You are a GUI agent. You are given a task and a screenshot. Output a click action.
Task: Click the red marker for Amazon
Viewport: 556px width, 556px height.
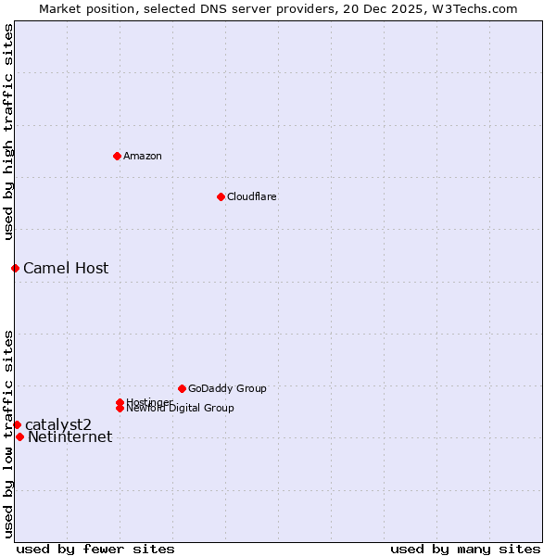pyautogui.click(x=117, y=156)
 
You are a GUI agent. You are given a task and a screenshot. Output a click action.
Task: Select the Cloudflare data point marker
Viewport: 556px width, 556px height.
pyautogui.click(x=221, y=196)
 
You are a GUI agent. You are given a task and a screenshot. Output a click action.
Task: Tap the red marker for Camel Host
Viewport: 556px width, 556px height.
pyautogui.click(x=15, y=268)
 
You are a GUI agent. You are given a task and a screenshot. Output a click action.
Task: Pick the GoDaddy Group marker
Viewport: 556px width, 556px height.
pyautogui.click(x=182, y=388)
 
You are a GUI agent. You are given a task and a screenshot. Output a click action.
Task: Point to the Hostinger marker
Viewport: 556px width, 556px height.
pyautogui.click(x=120, y=402)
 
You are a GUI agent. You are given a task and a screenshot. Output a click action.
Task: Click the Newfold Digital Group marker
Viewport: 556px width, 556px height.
pyautogui.click(x=120, y=408)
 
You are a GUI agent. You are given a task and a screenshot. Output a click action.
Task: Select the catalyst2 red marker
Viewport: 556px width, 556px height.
pyautogui.click(x=17, y=424)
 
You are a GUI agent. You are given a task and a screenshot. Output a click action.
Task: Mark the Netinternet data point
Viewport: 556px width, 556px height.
pyautogui.click(x=19, y=436)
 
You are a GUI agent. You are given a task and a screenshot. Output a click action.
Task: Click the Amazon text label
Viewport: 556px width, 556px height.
pyautogui.click(x=143, y=156)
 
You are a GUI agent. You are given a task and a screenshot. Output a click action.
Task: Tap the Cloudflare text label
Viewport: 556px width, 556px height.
pyautogui.click(x=251, y=196)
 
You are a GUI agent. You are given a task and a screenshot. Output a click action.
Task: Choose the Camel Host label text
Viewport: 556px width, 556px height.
pyautogui.click(x=66, y=269)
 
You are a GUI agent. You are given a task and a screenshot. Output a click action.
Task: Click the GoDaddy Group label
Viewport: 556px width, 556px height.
pyautogui.click(x=227, y=388)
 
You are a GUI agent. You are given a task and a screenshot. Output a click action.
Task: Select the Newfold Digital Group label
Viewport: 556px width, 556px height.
pyautogui.click(x=180, y=408)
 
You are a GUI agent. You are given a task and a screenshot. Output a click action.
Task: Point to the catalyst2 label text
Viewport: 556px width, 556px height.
pyautogui.click(x=58, y=424)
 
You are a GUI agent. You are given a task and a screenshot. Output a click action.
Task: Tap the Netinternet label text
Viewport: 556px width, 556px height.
pyautogui.click(x=70, y=437)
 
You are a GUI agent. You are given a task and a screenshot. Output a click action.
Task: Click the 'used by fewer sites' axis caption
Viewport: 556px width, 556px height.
pyautogui.click(x=95, y=550)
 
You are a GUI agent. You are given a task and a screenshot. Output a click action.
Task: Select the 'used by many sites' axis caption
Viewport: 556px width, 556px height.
pyautogui.click(x=465, y=550)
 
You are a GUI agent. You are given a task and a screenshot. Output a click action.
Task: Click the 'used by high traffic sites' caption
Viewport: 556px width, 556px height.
pyautogui.click(x=8, y=132)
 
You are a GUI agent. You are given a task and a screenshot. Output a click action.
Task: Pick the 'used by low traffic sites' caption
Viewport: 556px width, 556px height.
pyautogui.click(x=8, y=433)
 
